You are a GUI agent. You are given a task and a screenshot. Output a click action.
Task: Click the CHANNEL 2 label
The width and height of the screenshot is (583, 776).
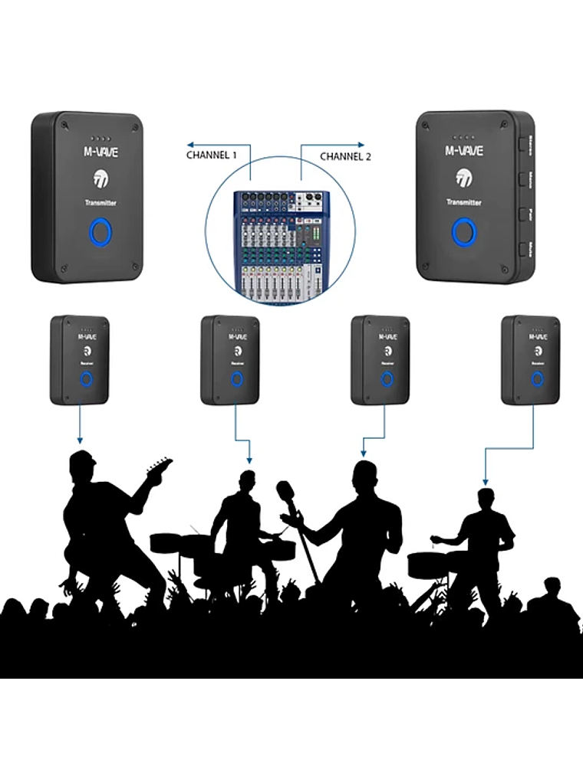[345, 156]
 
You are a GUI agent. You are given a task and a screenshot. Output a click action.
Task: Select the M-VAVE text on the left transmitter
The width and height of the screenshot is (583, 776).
[100, 152]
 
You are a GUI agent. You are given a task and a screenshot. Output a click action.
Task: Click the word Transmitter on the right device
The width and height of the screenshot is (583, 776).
[464, 202]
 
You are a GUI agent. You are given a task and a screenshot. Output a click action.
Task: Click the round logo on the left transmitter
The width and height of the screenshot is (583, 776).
[100, 180]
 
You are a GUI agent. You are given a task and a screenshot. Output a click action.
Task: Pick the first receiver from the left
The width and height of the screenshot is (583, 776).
[80, 360]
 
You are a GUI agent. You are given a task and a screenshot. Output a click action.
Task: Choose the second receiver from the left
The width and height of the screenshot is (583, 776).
[230, 360]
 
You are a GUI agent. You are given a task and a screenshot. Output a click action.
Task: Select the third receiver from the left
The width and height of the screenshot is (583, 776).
[380, 360]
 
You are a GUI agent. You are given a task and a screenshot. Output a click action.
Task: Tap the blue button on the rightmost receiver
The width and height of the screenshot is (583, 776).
[538, 378]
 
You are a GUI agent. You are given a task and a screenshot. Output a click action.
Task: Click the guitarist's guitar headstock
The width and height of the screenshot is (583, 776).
[162, 465]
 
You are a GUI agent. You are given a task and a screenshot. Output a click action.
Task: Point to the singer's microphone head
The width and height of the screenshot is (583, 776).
[286, 490]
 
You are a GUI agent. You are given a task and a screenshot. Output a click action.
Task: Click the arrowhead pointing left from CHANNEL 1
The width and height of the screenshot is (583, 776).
[190, 143]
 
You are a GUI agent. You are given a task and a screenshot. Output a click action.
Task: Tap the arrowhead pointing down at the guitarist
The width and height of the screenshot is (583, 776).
[79, 441]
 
